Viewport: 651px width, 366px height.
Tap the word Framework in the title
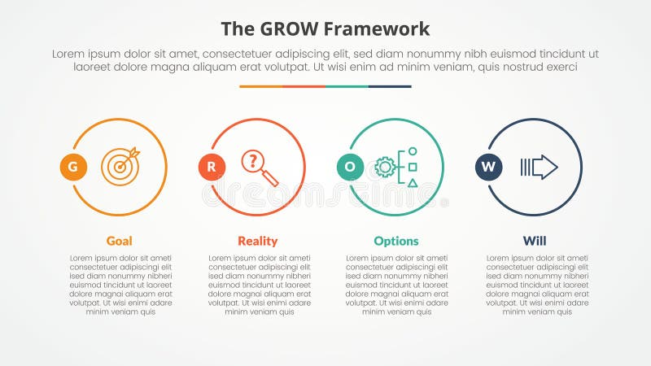tap(378, 30)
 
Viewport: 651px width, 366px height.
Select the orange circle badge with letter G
tap(73, 168)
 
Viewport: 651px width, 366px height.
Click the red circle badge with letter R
tap(212, 168)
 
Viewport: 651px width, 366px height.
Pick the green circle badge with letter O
tap(350, 168)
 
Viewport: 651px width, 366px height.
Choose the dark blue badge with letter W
tap(488, 168)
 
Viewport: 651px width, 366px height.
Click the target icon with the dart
tap(120, 166)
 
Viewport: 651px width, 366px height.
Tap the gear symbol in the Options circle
tap(384, 168)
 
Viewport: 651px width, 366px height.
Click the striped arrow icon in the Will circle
tap(539, 168)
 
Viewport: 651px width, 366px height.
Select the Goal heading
tap(120, 241)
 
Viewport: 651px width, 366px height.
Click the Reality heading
tap(258, 241)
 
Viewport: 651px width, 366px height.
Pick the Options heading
tap(396, 241)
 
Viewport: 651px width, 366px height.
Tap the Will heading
tap(535, 241)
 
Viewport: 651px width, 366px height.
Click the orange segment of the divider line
tap(260, 86)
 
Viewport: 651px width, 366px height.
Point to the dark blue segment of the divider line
tap(390, 86)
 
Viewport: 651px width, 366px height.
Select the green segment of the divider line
tap(347, 86)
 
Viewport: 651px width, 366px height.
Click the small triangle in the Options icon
tap(413, 182)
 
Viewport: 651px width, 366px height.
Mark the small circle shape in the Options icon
tap(413, 151)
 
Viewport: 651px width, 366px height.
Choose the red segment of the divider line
tap(304, 86)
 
